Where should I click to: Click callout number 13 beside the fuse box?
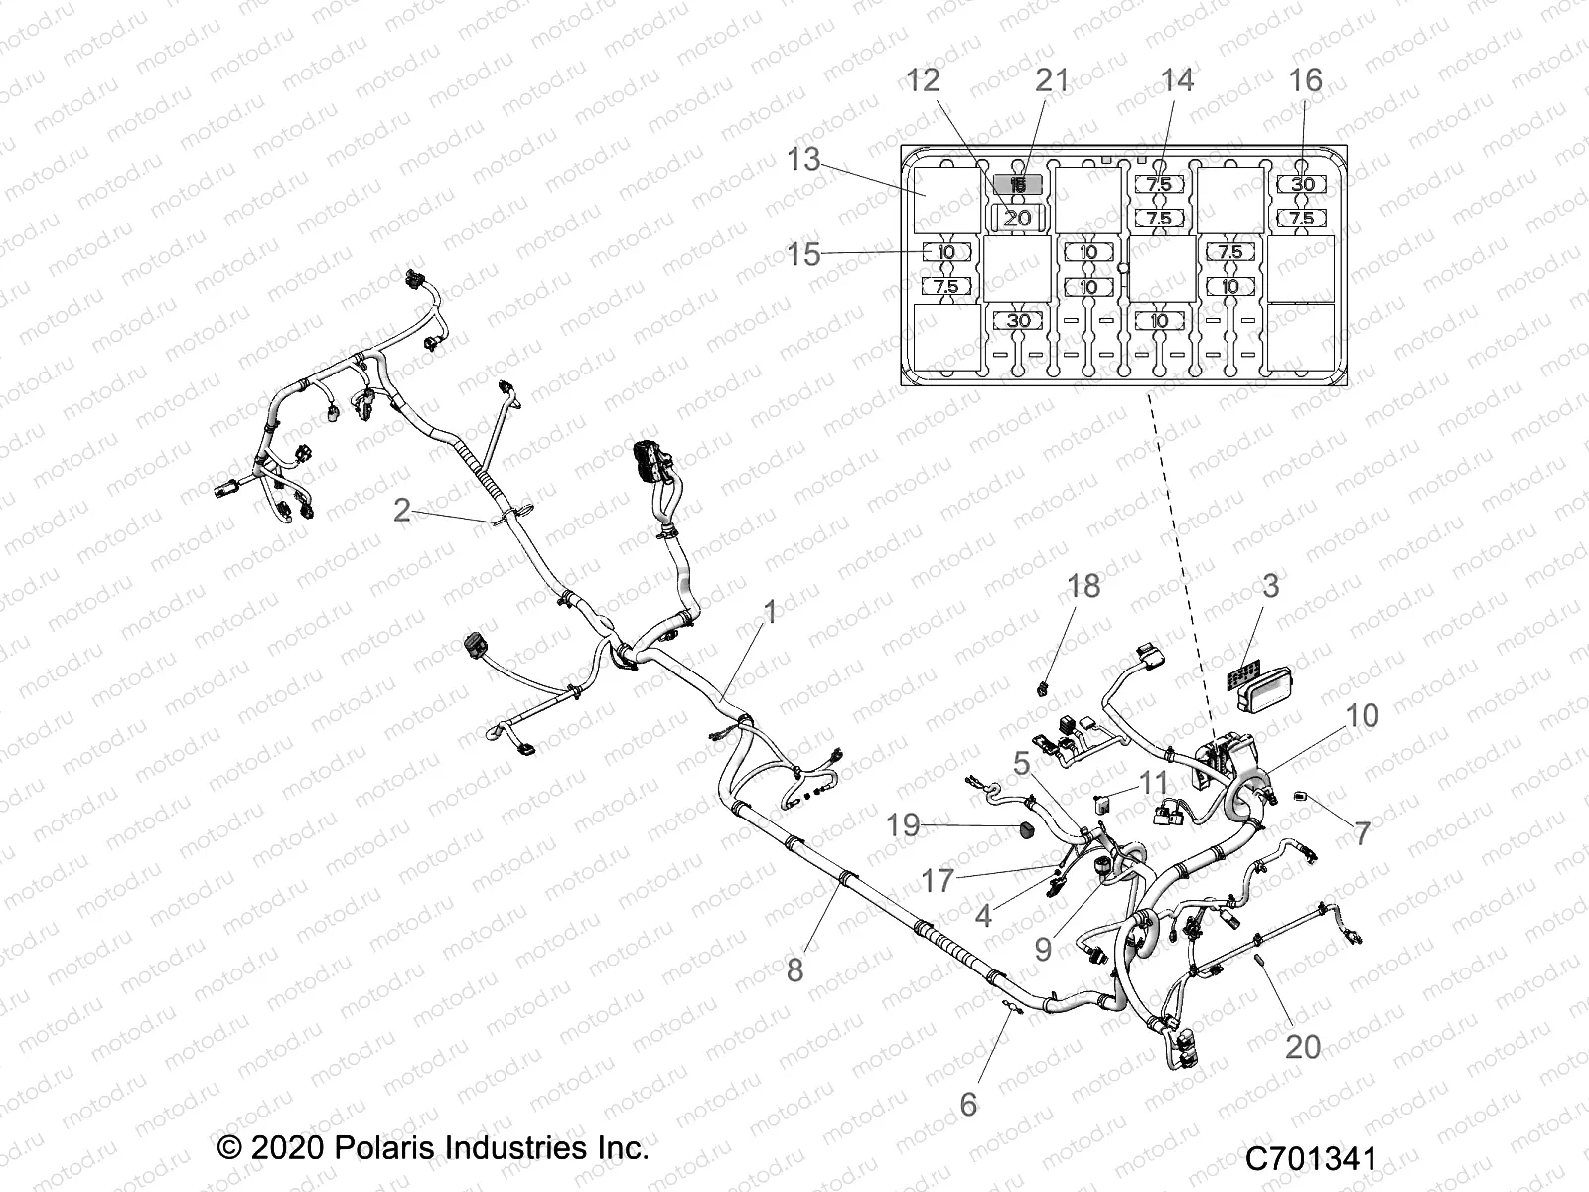point(804,159)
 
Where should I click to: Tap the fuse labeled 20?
point(1018,218)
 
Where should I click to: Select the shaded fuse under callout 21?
point(1018,184)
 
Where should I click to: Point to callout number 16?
point(1306,80)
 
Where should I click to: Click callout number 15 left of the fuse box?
point(803,254)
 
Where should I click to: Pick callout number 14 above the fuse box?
point(1177,80)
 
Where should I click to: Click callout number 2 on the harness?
point(401,511)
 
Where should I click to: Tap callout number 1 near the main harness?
point(770,612)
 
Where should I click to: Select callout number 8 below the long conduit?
point(794,969)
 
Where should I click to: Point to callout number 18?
point(1083,586)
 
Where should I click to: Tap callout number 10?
point(1362,715)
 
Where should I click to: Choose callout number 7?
point(1362,832)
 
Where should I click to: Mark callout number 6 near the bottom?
point(968,1104)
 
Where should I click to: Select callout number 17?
point(938,880)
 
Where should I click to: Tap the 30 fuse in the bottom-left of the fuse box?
point(1018,321)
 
